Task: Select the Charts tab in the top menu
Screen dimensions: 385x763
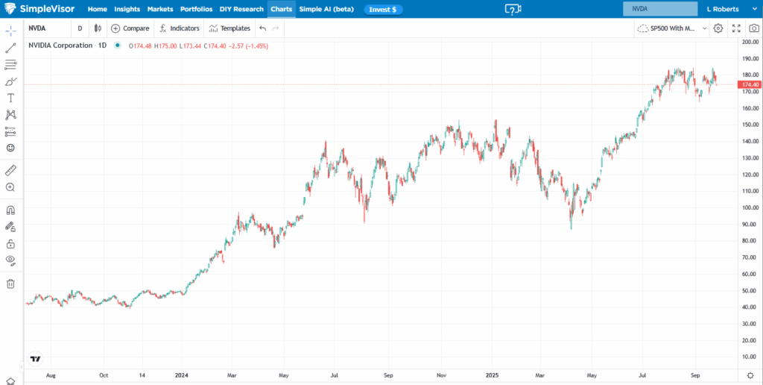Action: click(x=281, y=9)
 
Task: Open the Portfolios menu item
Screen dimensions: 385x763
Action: click(x=196, y=9)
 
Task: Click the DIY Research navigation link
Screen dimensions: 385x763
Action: click(x=241, y=9)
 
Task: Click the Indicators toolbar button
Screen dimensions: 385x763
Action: click(x=179, y=28)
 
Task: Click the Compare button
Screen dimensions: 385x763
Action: click(x=130, y=28)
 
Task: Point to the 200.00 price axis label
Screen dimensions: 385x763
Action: click(x=750, y=42)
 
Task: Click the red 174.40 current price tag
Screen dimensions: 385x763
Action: click(x=750, y=85)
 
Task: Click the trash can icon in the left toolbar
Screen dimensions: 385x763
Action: click(x=10, y=284)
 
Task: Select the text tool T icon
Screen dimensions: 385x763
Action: click(x=10, y=98)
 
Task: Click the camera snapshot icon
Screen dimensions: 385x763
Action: click(x=754, y=28)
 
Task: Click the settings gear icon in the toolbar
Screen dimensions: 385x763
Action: click(x=718, y=28)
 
